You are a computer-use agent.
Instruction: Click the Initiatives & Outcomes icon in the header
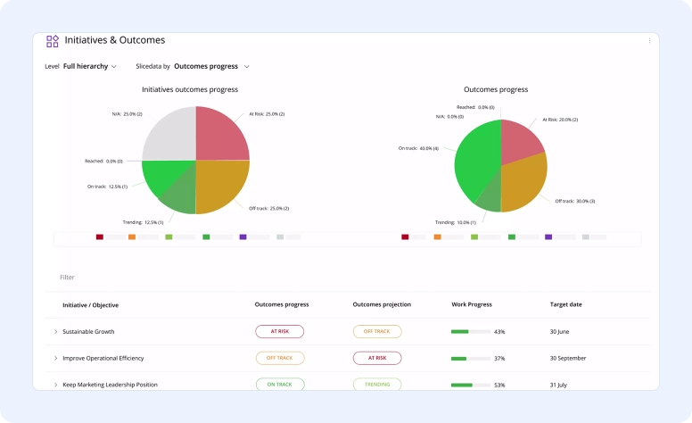pos(53,41)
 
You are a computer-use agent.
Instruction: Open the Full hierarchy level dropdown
pos(90,66)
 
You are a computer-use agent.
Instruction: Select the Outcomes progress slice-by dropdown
pos(211,66)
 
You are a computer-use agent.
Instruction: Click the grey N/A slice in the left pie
pos(169,133)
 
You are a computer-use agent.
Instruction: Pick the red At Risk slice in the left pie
pos(221,134)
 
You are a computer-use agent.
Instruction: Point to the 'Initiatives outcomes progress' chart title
pos(190,89)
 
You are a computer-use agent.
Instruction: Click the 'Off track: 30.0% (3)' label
pos(575,201)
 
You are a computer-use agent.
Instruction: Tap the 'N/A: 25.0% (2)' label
pos(127,114)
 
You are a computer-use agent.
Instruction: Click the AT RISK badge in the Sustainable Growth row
pos(279,331)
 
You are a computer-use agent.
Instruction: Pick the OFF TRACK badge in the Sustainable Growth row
pos(377,331)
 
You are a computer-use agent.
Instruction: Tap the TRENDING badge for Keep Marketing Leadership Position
pos(377,385)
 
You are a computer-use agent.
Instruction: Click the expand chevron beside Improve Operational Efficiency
pos(55,358)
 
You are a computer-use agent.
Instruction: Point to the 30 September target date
pos(568,358)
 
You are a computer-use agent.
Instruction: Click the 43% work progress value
pos(499,332)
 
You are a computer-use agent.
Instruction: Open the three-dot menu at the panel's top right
pos(649,40)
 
